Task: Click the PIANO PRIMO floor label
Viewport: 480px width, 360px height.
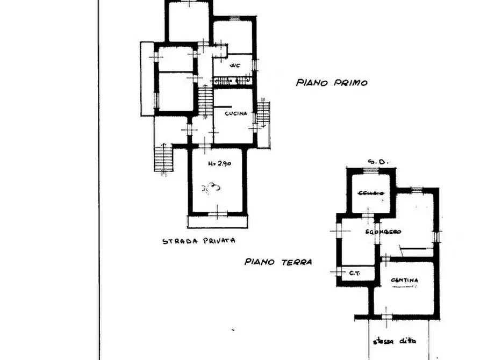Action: point(332,83)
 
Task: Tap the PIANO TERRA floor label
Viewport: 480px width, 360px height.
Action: point(278,262)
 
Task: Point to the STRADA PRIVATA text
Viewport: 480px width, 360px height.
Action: point(199,241)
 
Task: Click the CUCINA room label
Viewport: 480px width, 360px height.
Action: point(235,114)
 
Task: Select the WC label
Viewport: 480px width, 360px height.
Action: point(234,66)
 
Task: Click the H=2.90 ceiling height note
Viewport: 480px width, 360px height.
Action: point(219,164)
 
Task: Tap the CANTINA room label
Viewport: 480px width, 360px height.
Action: point(405,280)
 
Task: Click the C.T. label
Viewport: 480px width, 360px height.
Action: point(354,273)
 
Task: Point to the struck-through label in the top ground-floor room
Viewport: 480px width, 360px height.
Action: point(371,193)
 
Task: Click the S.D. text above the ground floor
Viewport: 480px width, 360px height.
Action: point(374,162)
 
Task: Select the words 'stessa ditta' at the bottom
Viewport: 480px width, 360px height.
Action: point(399,341)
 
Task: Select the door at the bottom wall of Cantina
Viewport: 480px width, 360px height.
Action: point(388,313)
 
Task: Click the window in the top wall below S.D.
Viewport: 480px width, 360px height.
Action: point(370,170)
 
